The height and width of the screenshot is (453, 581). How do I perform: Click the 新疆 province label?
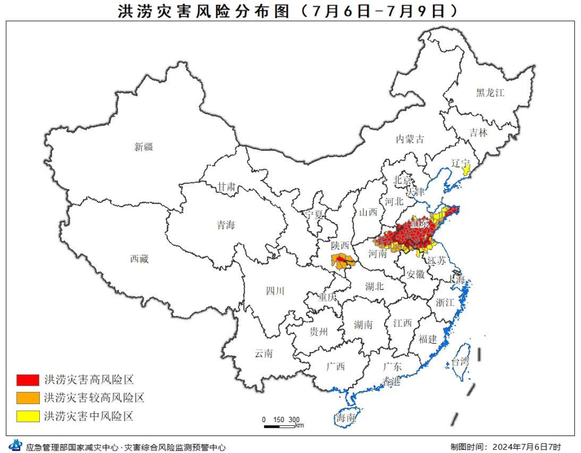click(x=144, y=147)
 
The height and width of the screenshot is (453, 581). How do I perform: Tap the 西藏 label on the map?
click(x=139, y=259)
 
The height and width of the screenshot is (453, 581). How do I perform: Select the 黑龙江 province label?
click(x=489, y=93)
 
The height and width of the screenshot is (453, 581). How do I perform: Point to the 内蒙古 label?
click(x=410, y=139)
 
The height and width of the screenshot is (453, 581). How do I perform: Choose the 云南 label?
click(x=263, y=353)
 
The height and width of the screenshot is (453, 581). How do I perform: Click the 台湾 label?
click(x=459, y=362)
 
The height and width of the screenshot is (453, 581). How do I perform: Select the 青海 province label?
click(x=226, y=225)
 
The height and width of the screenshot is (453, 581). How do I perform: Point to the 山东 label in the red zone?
click(x=420, y=224)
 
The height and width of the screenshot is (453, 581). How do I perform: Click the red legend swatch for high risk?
click(x=28, y=380)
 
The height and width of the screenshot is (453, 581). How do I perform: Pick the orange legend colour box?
click(x=28, y=397)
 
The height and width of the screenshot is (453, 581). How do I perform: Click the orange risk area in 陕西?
click(x=342, y=262)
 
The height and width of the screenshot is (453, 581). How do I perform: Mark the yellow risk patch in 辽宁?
click(x=465, y=170)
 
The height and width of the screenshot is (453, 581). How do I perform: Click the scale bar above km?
click(x=278, y=426)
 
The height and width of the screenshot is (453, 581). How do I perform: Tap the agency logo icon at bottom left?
click(x=14, y=446)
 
